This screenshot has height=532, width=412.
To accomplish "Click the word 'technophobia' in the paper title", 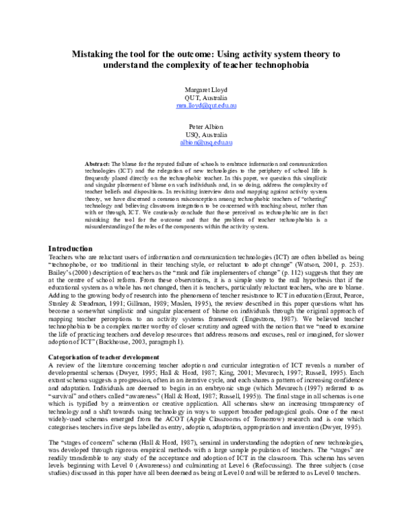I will pos(294,65).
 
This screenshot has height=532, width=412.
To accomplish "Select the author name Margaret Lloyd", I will pos(206,89).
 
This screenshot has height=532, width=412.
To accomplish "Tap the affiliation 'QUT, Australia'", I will pos(206,98).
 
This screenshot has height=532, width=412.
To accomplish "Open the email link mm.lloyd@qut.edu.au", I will pos(206,107).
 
